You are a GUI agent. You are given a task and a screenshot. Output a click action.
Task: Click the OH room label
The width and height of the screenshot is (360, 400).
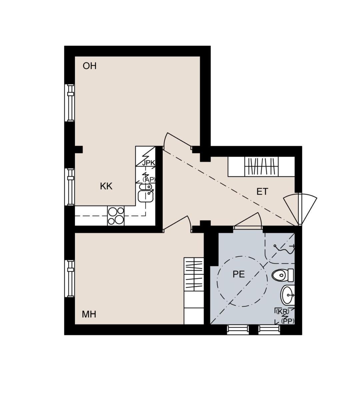pyautogui.click(x=90, y=66)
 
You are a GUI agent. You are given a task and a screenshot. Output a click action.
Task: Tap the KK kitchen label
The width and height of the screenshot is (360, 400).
pyautogui.click(x=106, y=186)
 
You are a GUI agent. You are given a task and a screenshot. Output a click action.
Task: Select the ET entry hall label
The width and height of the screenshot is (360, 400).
pyautogui.click(x=262, y=192)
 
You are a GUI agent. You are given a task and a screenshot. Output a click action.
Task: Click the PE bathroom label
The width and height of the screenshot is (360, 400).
pyautogui.click(x=239, y=274)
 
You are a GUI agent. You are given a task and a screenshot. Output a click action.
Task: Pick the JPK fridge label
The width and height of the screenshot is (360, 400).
pyautogui.click(x=149, y=163)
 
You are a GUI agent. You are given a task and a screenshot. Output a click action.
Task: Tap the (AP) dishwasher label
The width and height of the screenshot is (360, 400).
pyautogui.click(x=149, y=180)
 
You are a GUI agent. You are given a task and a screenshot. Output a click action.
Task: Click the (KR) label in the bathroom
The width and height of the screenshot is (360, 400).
pyautogui.click(x=283, y=311)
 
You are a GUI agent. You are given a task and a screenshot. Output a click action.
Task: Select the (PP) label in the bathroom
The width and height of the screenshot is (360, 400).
pyautogui.click(x=288, y=321)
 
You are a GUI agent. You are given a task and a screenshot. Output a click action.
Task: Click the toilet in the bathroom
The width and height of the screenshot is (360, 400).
pyautogui.click(x=283, y=275)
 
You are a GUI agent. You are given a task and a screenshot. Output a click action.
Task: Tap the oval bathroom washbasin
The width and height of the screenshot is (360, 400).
pyautogui.click(x=287, y=295)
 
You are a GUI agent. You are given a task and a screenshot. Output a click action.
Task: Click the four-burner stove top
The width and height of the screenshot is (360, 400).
pyautogui.click(x=116, y=216)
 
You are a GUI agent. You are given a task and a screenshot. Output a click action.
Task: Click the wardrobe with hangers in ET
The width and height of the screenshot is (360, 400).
pyautogui.click(x=261, y=167)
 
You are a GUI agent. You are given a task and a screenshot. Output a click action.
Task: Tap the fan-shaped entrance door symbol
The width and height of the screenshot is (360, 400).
pyautogui.click(x=300, y=209)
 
